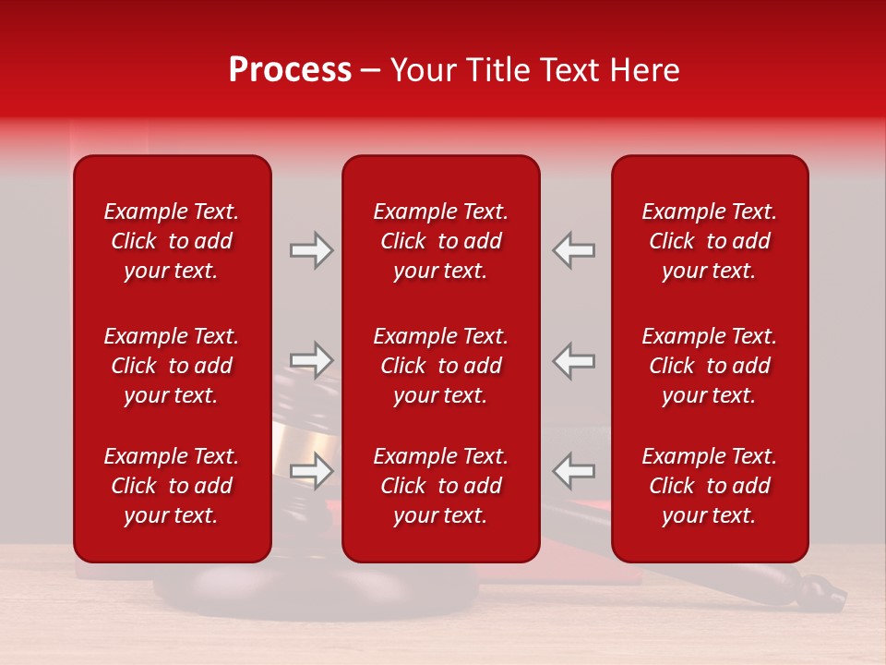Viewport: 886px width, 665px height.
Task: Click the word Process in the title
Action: [290, 70]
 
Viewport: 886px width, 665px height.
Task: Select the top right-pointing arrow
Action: [311, 250]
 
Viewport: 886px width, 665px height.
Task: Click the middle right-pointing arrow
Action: [311, 360]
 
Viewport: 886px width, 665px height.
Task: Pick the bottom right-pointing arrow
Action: [311, 471]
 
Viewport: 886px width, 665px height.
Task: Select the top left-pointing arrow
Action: [573, 250]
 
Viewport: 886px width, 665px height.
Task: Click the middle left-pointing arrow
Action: [573, 360]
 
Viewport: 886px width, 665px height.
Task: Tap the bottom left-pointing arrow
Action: [573, 471]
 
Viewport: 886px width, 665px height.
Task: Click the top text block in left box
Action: [172, 241]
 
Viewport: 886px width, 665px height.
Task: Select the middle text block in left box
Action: [172, 366]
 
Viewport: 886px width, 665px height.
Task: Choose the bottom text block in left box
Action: [172, 486]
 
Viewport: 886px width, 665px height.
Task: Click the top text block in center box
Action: [440, 241]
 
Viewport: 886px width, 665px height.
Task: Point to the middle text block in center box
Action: [440, 366]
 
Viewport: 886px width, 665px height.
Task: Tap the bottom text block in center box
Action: [440, 486]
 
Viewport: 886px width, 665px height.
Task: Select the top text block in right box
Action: [709, 241]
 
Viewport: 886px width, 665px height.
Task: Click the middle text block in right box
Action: [709, 366]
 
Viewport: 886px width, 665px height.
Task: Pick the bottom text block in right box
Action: [709, 486]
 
